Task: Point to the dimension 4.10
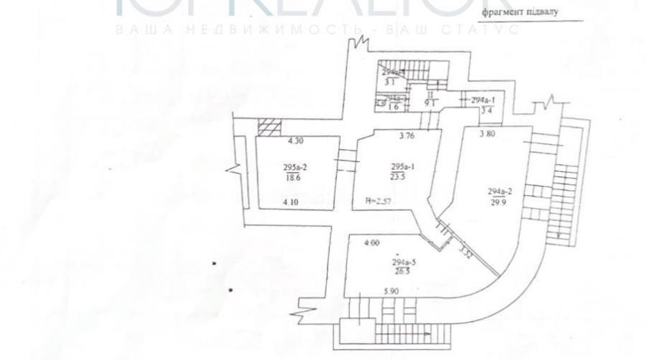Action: click(x=292, y=202)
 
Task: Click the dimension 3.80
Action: click(x=490, y=134)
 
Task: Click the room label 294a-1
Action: click(x=485, y=100)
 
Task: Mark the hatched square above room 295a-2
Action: click(x=268, y=127)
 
